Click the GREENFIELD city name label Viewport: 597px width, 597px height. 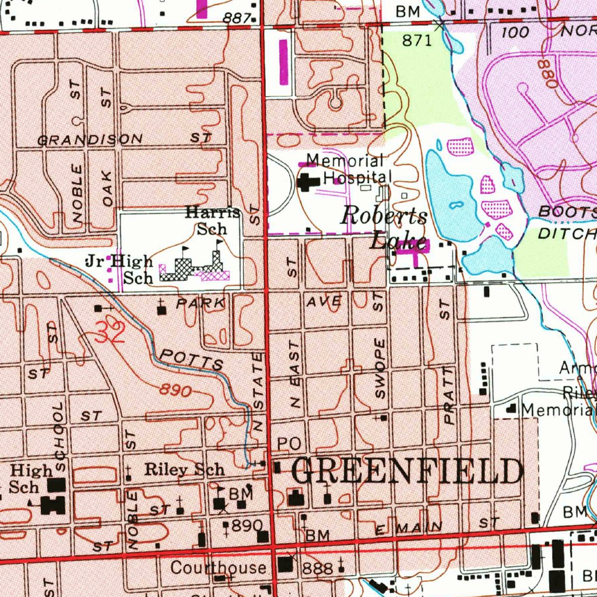point(406,472)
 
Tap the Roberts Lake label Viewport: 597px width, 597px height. point(385,227)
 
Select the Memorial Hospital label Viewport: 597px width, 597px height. point(347,168)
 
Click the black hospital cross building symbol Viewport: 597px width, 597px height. point(307,182)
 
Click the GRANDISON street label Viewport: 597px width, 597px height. point(90,139)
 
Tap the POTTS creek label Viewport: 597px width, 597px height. point(191,360)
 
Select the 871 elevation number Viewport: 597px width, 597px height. point(417,40)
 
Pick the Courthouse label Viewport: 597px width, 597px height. point(218,567)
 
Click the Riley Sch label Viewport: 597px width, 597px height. point(184,469)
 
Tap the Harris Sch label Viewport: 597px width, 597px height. point(212,220)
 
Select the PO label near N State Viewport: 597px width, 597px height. point(289,444)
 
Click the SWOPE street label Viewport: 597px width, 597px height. point(380,368)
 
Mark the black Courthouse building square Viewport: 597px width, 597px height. point(286,564)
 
